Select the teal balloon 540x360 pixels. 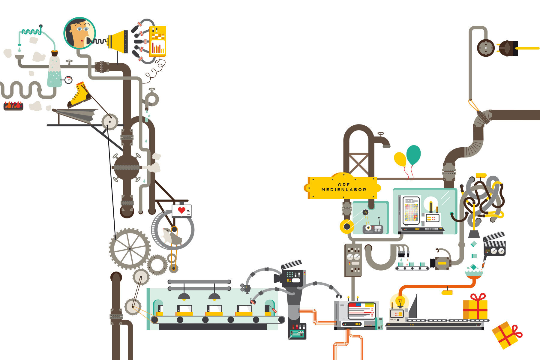tap(413, 155)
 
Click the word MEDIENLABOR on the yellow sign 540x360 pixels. tap(344, 190)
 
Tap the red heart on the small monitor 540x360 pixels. tap(181, 210)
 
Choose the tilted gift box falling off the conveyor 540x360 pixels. tap(506, 335)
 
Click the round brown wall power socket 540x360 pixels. tap(486, 48)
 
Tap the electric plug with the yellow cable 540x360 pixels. tap(508, 48)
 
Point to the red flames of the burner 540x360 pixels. tap(13, 105)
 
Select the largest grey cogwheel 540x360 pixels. tap(130, 249)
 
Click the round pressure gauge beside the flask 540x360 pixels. tap(69, 80)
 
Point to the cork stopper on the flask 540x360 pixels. tap(54, 53)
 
